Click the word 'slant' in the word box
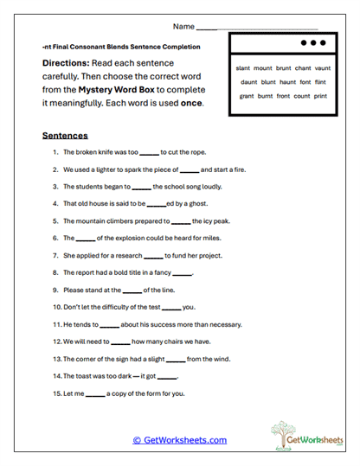[x=243, y=67]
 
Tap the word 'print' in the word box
[x=321, y=95]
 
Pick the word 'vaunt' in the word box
[x=322, y=67]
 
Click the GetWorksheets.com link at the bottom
[x=179, y=440]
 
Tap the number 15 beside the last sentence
[x=56, y=394]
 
